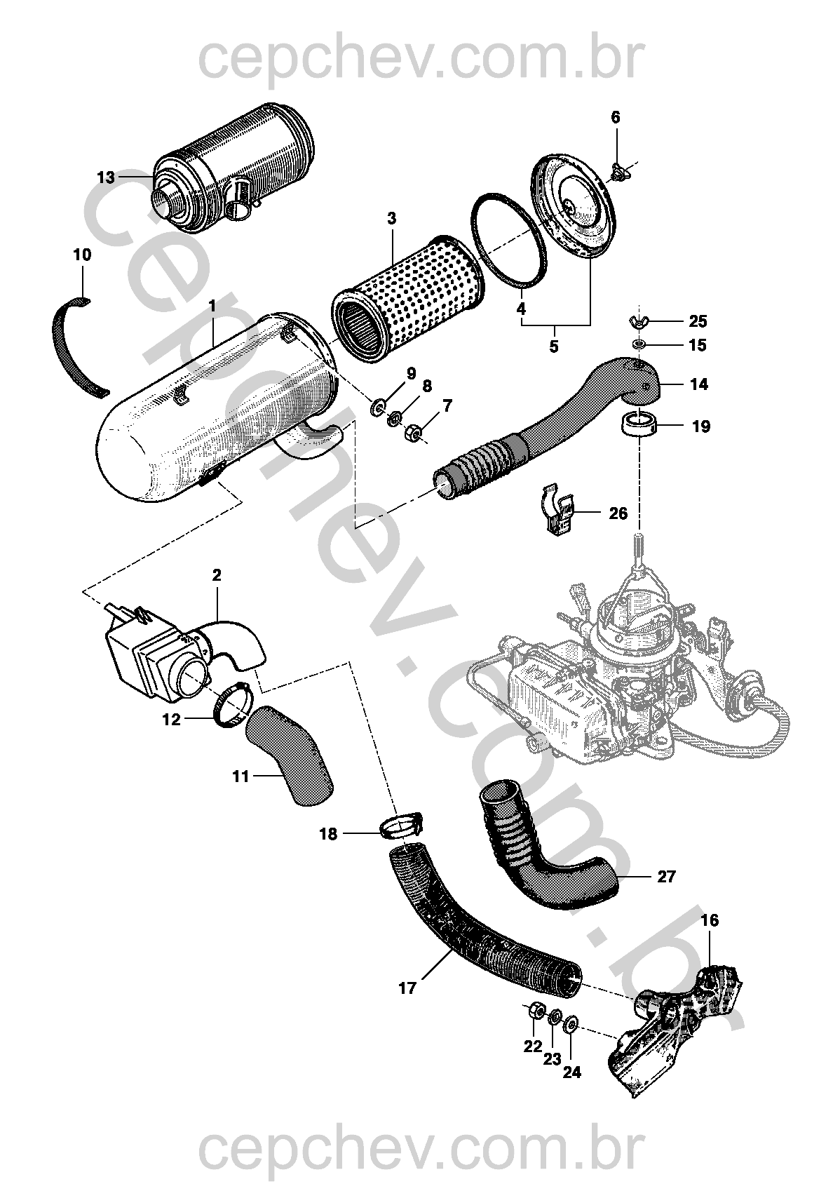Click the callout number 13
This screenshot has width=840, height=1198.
point(105,177)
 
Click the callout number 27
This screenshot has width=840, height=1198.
point(666,877)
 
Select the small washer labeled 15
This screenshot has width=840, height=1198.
point(639,345)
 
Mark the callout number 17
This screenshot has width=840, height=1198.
point(407,988)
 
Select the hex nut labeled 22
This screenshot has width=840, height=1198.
point(533,1010)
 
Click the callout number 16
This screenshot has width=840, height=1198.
point(710,920)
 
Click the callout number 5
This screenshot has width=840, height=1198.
point(553,346)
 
